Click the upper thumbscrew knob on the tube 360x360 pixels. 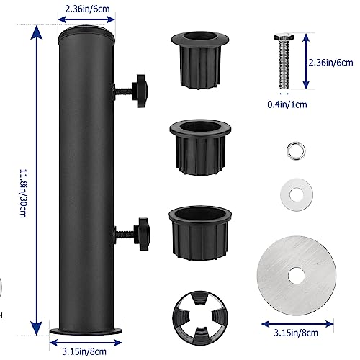tap(141, 91)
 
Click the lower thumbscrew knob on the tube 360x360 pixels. tap(143, 234)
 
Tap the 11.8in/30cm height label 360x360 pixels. tap(23, 193)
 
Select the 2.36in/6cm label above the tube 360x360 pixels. tap(87, 9)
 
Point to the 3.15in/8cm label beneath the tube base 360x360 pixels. tap(84, 351)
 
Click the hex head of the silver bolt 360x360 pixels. tap(284, 37)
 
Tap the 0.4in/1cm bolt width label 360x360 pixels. tap(287, 104)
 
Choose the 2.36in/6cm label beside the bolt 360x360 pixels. tap(330, 63)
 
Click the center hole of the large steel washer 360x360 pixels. tap(297, 276)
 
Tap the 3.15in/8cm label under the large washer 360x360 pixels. tap(296, 333)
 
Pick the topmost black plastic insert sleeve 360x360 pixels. tap(200, 60)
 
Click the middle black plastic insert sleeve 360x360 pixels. tap(200, 148)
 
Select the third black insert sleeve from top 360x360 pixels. tap(200, 233)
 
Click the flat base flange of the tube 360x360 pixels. tap(86, 331)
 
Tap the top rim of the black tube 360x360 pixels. tap(86, 34)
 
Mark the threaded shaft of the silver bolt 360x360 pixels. tap(284, 64)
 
